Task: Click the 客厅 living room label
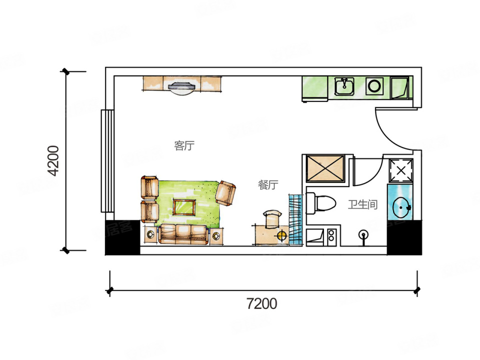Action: (184, 145)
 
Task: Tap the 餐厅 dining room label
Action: (268, 185)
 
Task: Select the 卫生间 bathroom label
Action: (363, 204)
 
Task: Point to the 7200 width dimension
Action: (262, 303)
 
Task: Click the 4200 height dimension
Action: (54, 160)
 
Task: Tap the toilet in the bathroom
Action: (321, 203)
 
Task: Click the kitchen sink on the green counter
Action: (344, 86)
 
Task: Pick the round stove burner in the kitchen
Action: (374, 85)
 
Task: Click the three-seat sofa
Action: (183, 234)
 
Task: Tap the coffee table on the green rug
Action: (184, 207)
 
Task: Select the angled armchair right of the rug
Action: (225, 193)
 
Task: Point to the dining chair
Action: (273, 219)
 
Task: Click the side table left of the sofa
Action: (150, 235)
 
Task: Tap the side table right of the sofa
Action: (216, 236)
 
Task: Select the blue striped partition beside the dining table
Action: (295, 219)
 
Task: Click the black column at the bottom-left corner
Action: (122, 237)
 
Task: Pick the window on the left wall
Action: (107, 160)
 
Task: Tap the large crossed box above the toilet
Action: (325, 168)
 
